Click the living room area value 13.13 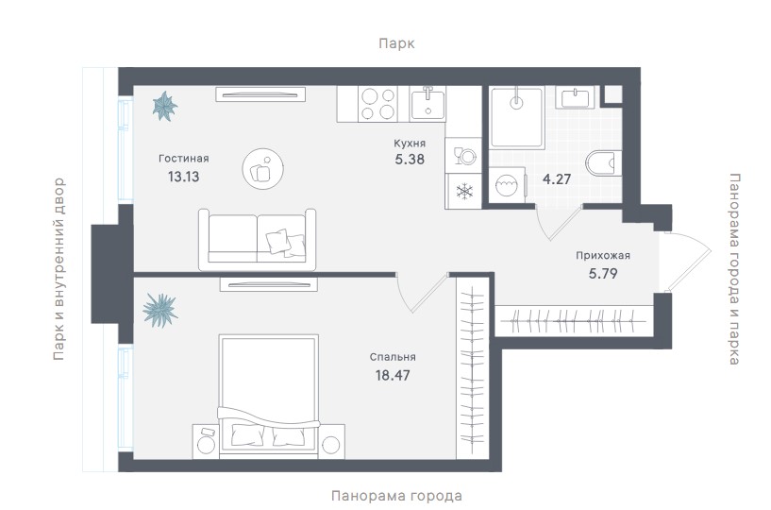[183, 177]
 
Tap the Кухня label [410, 144]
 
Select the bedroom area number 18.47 [393, 376]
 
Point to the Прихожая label [603, 256]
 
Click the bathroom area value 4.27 [557, 178]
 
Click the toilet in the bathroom [604, 163]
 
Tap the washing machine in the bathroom [508, 185]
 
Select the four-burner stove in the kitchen [377, 104]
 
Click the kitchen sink [427, 104]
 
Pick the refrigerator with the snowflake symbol [463, 191]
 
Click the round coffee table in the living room [263, 168]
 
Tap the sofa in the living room [258, 239]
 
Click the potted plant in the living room [165, 106]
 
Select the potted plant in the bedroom [160, 310]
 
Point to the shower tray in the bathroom [517, 117]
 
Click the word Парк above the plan [396, 43]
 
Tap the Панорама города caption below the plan [396, 495]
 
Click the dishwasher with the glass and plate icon [463, 155]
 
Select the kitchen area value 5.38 [410, 160]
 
